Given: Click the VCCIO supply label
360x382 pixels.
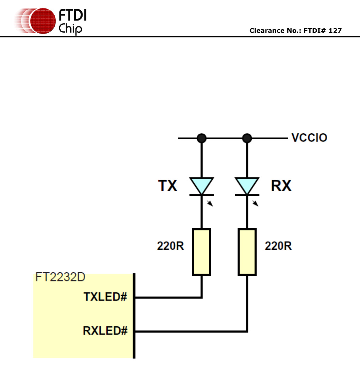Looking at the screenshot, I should pos(309,138).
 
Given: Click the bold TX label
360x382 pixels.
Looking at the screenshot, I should pos(168,186).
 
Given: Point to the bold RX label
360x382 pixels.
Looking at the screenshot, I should pos(281,186).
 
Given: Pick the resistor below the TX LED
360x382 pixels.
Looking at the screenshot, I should pos(201,252).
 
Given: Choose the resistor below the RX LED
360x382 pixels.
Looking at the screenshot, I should pos(247,252).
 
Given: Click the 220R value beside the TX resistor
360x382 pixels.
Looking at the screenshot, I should pos(170,246).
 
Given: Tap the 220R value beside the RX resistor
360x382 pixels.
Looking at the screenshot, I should pos(278,246).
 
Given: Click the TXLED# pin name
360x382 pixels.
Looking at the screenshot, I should pos(105,297).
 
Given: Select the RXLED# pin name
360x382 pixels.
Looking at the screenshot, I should pos(105,331).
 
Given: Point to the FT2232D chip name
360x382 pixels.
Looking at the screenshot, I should pos(60,277).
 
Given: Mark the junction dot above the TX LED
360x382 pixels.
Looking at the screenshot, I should pos(201,138).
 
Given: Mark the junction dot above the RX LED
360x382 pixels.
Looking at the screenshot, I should pos(247,138).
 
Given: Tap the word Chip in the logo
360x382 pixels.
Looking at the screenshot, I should pos(71,28).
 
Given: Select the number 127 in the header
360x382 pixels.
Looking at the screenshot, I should pos(335,31).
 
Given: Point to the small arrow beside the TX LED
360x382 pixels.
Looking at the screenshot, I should pos(210,203).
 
